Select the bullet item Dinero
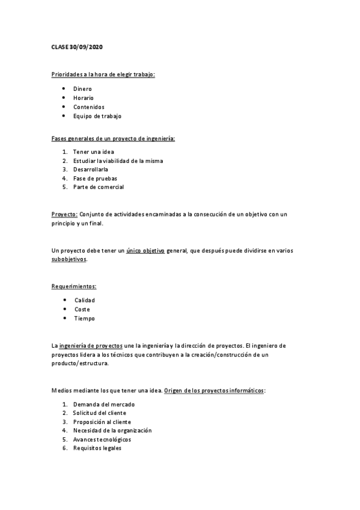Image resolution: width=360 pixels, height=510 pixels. coord(82,88)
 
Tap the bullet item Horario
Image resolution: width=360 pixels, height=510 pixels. coord(84,97)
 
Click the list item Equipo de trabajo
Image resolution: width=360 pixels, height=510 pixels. coord(97,116)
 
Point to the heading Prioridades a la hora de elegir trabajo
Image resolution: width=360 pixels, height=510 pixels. coord(103,75)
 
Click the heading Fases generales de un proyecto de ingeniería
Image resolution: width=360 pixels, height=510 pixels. coord(113,138)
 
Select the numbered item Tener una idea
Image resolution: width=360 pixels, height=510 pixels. coord(93,152)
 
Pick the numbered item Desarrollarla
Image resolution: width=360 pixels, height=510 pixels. coord(91,169)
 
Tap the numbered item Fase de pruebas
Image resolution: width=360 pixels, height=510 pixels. coord(94,178)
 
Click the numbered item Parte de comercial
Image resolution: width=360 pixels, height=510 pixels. coord(98,187)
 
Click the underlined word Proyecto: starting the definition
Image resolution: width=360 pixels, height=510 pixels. coord(64,214)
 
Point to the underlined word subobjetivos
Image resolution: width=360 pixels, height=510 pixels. coord(69,259)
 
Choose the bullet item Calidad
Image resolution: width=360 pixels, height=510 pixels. coord(84,300)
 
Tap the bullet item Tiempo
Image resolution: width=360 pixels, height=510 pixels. coord(84,318)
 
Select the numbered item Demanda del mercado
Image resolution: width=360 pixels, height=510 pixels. coord(103,404)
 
